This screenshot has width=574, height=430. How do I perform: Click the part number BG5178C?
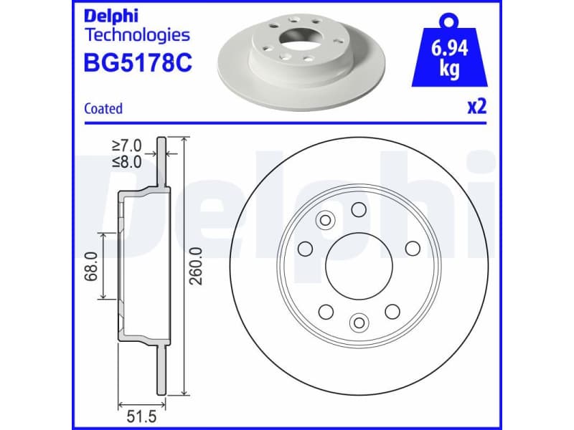tap(138, 62)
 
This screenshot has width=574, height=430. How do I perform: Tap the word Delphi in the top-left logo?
tap(111, 16)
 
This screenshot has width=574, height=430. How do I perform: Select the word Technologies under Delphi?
tap(137, 35)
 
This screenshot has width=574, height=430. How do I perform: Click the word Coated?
tap(103, 109)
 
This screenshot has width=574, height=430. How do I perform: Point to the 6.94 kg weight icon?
tap(450, 50)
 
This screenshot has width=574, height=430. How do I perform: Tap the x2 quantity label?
tap(477, 107)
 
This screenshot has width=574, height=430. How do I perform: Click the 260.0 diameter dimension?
tap(196, 266)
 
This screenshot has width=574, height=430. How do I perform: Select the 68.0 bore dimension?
tap(91, 266)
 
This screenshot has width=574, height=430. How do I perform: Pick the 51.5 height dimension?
tap(141, 416)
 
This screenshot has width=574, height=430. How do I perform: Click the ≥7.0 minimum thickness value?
tap(127, 145)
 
